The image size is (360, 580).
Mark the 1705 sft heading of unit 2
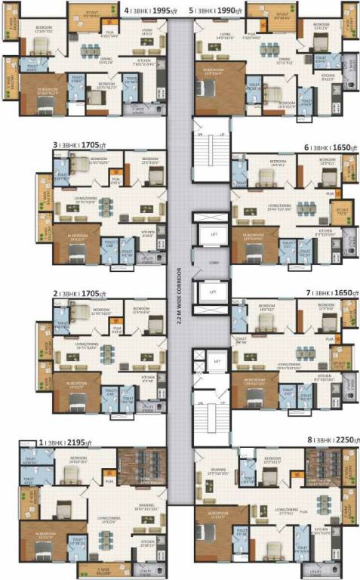click(x=80, y=292)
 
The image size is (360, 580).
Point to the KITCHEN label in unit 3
click(x=148, y=233)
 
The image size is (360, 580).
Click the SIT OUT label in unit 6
click(x=342, y=211)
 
